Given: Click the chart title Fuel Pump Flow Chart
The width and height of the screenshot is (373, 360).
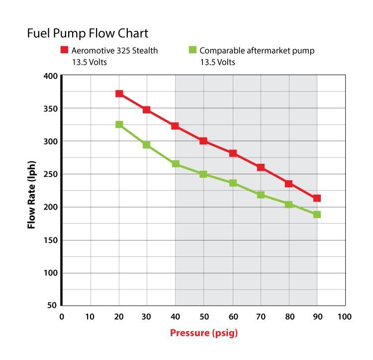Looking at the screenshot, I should pyautogui.click(x=88, y=34).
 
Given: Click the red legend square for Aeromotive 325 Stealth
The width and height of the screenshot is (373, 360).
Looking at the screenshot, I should pyautogui.click(x=64, y=50).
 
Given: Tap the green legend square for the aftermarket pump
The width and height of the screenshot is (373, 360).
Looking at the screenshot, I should pyautogui.click(x=192, y=50).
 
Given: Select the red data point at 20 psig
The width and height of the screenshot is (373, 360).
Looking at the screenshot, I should pyautogui.click(x=119, y=94).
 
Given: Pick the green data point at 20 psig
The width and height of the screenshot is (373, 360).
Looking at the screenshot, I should pyautogui.click(x=119, y=124).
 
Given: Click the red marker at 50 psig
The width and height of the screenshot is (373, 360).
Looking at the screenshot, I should pyautogui.click(x=203, y=141).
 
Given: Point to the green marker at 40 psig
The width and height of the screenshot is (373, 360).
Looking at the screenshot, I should pyautogui.click(x=176, y=164).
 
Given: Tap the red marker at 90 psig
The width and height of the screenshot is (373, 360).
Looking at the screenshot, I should pyautogui.click(x=317, y=198).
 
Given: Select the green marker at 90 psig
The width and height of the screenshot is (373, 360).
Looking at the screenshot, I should pyautogui.click(x=317, y=215).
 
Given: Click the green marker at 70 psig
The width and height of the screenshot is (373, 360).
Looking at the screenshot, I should pyautogui.click(x=261, y=195).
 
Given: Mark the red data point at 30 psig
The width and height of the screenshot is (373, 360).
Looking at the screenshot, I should pyautogui.click(x=147, y=110).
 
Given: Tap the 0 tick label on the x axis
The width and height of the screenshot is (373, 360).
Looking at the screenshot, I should pyautogui.click(x=62, y=317).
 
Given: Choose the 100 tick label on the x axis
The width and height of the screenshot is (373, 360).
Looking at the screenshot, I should pyautogui.click(x=344, y=317).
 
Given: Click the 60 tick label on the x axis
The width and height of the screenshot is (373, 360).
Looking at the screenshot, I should pyautogui.click(x=232, y=317).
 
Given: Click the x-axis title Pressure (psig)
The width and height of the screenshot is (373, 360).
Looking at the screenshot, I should pyautogui.click(x=204, y=333).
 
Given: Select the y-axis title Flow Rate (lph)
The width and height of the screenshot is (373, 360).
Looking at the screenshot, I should pyautogui.click(x=32, y=191).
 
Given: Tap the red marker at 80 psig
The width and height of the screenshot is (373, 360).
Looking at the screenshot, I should pyautogui.click(x=288, y=184).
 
